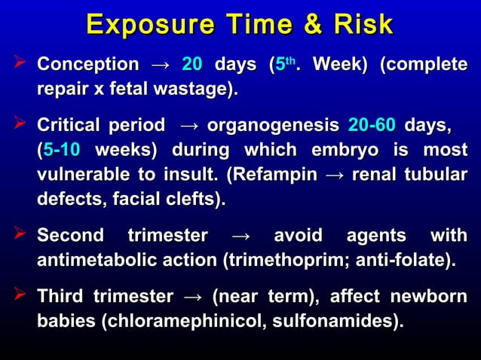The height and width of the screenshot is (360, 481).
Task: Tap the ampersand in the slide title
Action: coord(311,25)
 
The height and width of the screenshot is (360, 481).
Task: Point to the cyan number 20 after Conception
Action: coord(193,65)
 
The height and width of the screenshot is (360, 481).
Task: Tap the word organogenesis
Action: coord(272,123)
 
